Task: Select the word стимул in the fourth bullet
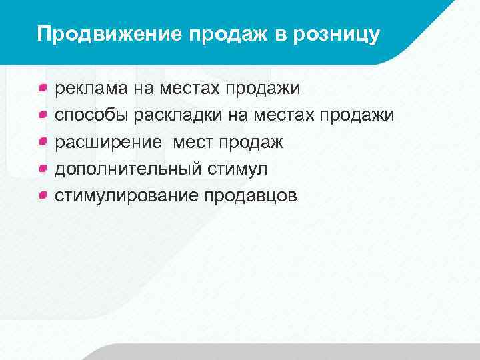coord(237,169)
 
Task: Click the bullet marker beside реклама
coord(43,87)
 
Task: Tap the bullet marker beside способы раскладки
coord(43,114)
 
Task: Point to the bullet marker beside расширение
coord(43,141)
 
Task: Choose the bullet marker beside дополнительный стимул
coord(43,167)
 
